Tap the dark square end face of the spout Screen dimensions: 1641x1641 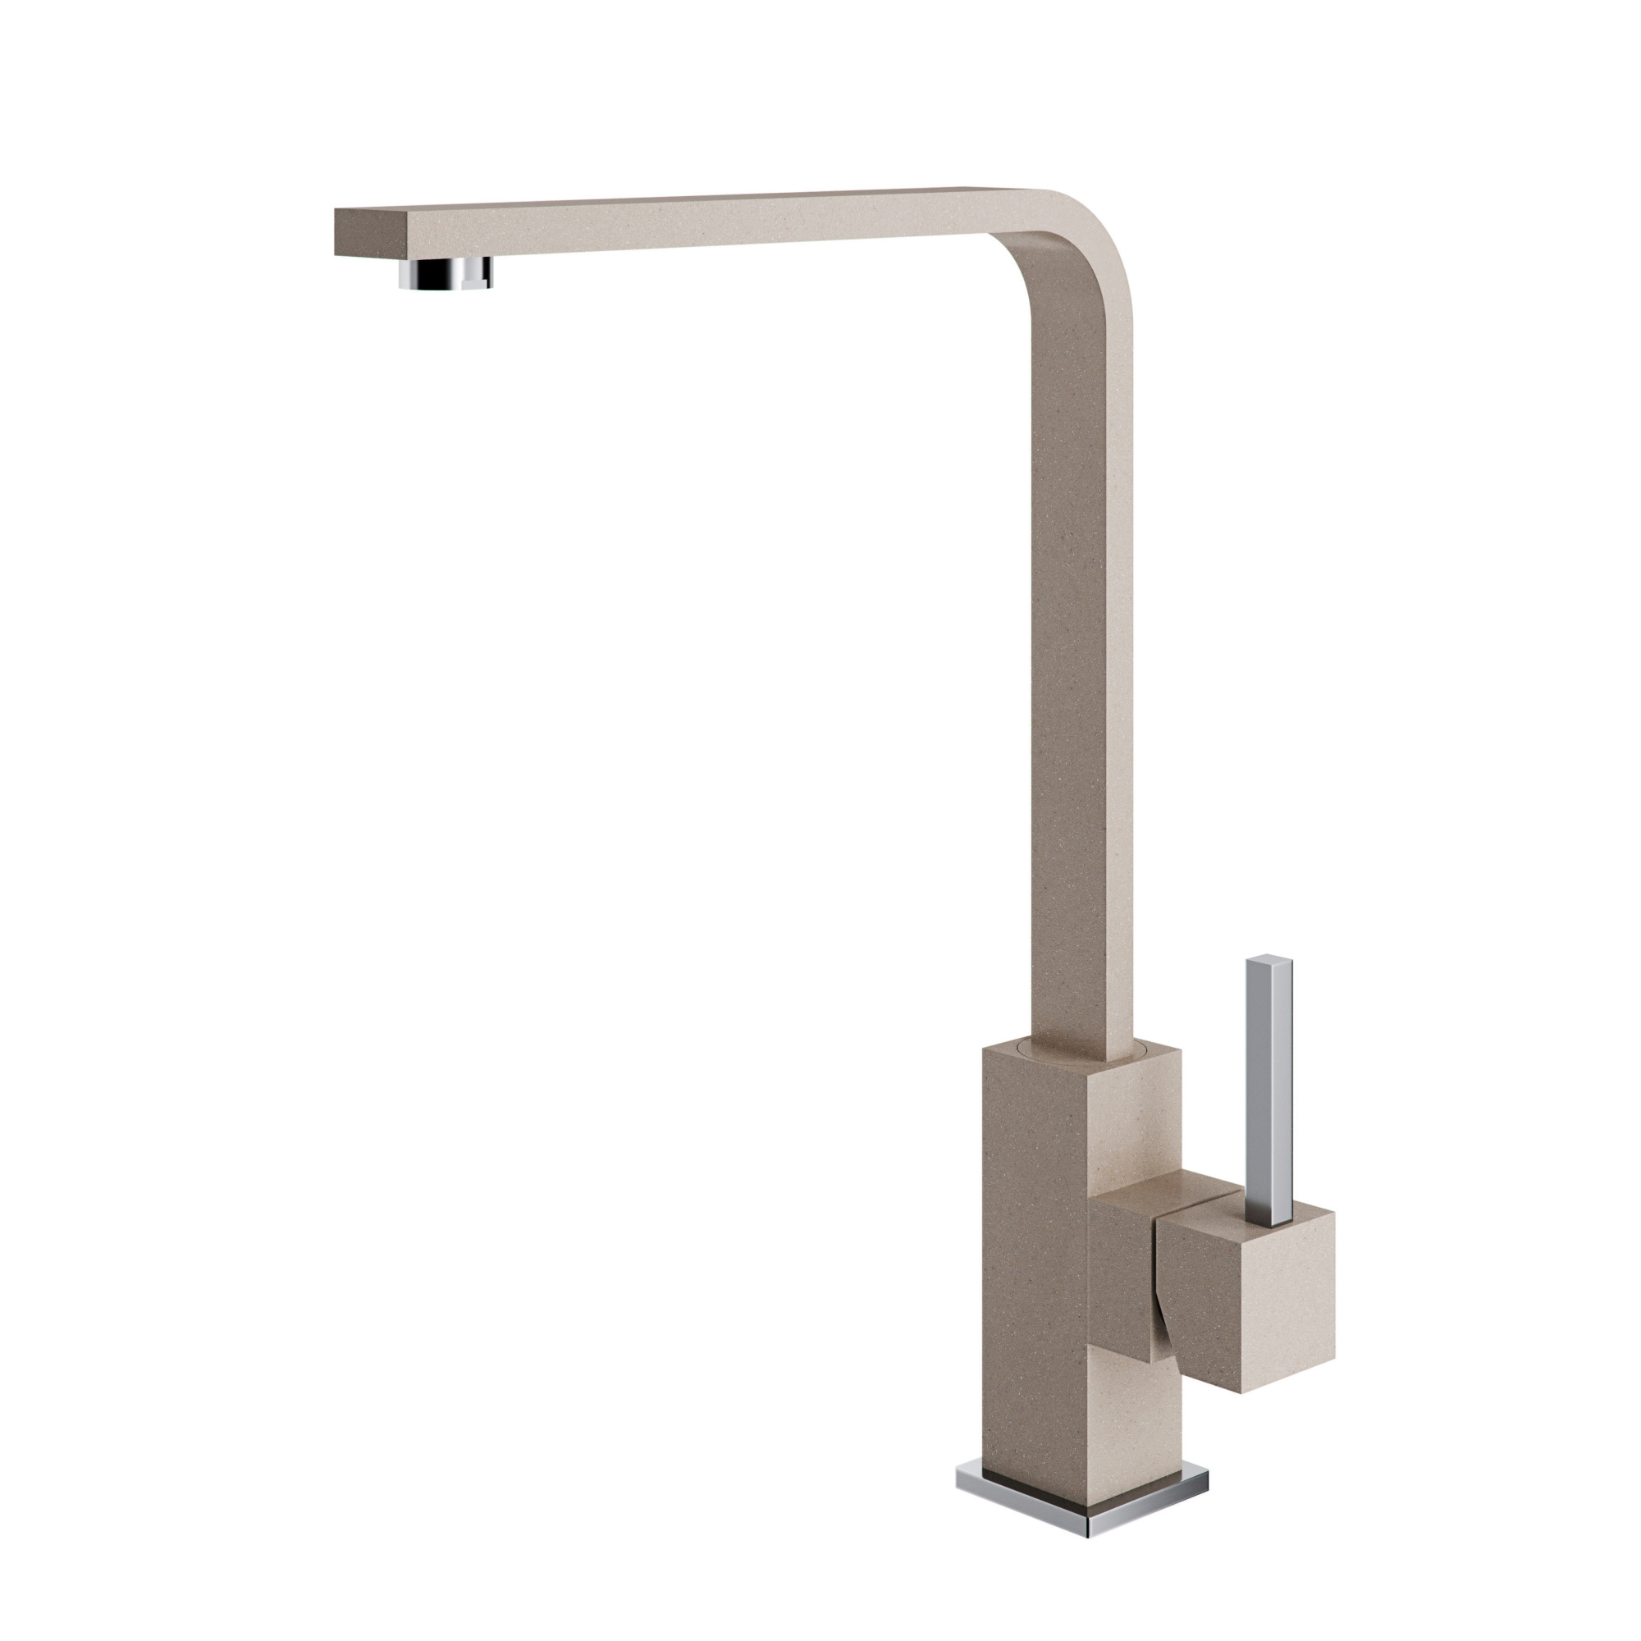(x=371, y=232)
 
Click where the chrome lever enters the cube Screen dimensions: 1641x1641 (x=1270, y=1223)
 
